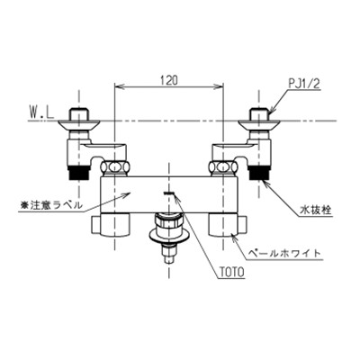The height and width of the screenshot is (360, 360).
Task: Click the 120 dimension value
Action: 169,80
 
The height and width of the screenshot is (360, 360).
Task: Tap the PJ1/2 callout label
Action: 304,84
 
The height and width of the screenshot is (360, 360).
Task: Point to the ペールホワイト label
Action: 283,253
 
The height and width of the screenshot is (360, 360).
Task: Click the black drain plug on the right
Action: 258,174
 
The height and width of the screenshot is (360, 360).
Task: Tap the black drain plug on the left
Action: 78,174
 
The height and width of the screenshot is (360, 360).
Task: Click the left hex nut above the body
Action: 115,166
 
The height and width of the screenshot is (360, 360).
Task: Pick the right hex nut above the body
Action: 223,166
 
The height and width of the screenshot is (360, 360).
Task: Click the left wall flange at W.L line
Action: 78,124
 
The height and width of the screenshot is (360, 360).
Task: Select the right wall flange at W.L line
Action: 258,124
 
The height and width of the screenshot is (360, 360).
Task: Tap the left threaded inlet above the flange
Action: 78,114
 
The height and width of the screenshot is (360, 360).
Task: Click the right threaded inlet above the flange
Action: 258,114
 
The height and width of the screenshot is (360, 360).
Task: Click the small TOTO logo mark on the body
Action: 168,193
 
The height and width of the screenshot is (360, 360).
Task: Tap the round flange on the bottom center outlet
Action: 169,236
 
